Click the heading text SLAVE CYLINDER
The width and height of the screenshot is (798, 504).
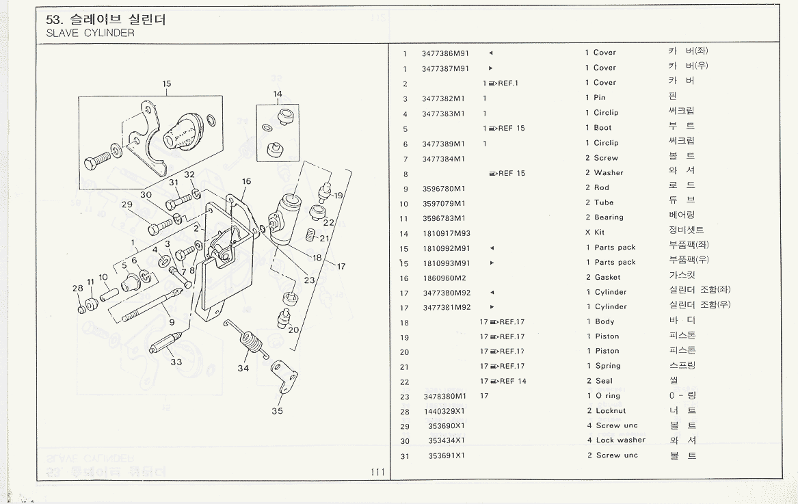90,33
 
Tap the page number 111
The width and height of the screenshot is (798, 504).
376,472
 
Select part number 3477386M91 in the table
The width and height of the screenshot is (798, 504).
445,53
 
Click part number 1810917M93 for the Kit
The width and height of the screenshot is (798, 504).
445,233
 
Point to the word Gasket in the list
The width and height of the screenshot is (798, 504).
607,277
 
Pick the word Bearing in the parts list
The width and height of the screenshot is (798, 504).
609,217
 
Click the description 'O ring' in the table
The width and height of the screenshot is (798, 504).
607,396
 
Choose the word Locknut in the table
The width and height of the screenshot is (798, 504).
611,411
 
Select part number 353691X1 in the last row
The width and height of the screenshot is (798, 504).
447,455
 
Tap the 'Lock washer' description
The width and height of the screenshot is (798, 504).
620,440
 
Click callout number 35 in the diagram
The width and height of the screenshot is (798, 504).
277,411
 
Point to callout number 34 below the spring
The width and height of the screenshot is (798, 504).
243,369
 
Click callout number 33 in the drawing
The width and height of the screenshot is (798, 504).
176,362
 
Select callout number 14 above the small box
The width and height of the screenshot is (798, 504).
278,94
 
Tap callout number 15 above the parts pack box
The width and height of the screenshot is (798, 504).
167,84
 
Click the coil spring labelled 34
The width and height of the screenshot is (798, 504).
251,340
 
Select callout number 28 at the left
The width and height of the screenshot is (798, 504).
78,289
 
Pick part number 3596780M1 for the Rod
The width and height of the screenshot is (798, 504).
443,188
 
